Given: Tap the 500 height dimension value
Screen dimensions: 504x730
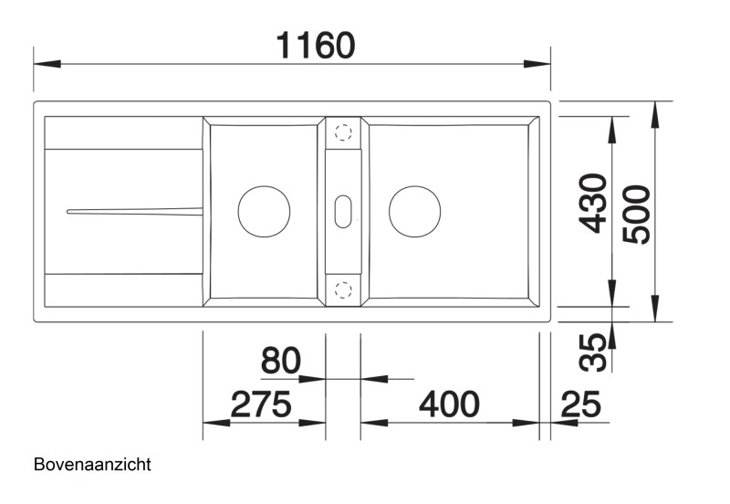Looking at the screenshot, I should pyautogui.click(x=636, y=214).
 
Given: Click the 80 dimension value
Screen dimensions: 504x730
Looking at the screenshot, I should pyautogui.click(x=280, y=362).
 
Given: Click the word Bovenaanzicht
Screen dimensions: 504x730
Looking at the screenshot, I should pyautogui.click(x=91, y=464).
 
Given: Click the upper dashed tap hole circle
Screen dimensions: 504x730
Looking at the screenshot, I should pyautogui.click(x=344, y=132).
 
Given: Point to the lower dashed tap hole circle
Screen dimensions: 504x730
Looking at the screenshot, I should pyautogui.click(x=344, y=290).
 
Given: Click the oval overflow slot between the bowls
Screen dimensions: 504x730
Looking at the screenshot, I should pyautogui.click(x=344, y=211).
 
